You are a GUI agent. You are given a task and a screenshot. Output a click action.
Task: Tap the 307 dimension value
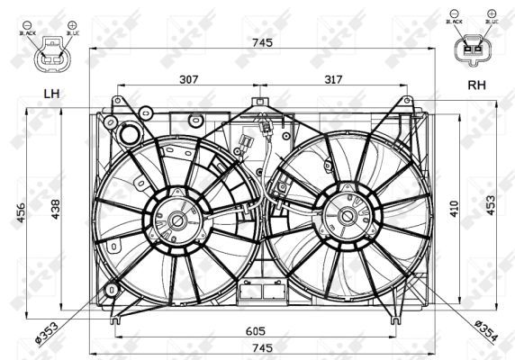[x=187, y=79]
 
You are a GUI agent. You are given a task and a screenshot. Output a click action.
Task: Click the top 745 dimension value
[x=261, y=40]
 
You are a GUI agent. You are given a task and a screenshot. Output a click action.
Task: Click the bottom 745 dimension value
[x=261, y=348]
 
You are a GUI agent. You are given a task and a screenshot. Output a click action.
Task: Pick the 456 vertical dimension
[x=20, y=211]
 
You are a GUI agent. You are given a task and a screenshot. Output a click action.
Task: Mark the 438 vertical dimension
[x=56, y=209]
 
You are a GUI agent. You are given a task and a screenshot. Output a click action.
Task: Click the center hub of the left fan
[x=177, y=220]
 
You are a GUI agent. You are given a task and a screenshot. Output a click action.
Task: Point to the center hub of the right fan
[x=347, y=216]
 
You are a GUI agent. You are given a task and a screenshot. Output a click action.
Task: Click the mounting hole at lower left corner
[x=111, y=291]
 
